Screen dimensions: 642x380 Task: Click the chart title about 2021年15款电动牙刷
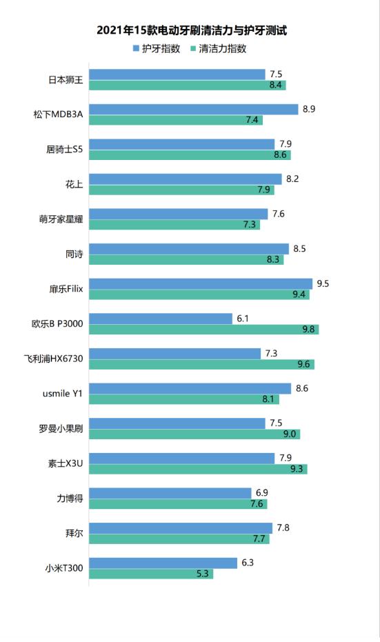[x=191, y=30]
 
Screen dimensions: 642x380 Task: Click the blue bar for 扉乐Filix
[x=200, y=283]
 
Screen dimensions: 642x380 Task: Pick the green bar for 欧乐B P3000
[x=203, y=330]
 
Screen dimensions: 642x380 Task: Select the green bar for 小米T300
[x=150, y=574]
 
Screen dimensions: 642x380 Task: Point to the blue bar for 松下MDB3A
[x=193, y=109]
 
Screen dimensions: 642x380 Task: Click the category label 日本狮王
[x=66, y=80]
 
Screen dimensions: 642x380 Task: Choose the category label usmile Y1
[x=63, y=394]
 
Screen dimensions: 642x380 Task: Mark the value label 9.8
[x=309, y=330]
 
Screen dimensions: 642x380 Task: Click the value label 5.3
[x=203, y=574]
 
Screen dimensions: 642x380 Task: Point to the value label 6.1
[x=243, y=319]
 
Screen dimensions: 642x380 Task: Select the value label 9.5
[x=321, y=283]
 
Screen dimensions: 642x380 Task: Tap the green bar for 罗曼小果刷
[x=194, y=434]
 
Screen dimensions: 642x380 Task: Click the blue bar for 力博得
[x=170, y=493]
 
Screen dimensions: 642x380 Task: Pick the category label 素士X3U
[x=66, y=463]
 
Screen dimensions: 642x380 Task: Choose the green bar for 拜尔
[x=179, y=539]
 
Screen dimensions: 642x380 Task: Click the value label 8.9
[x=309, y=109]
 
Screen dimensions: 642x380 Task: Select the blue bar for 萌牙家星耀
[x=178, y=214]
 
